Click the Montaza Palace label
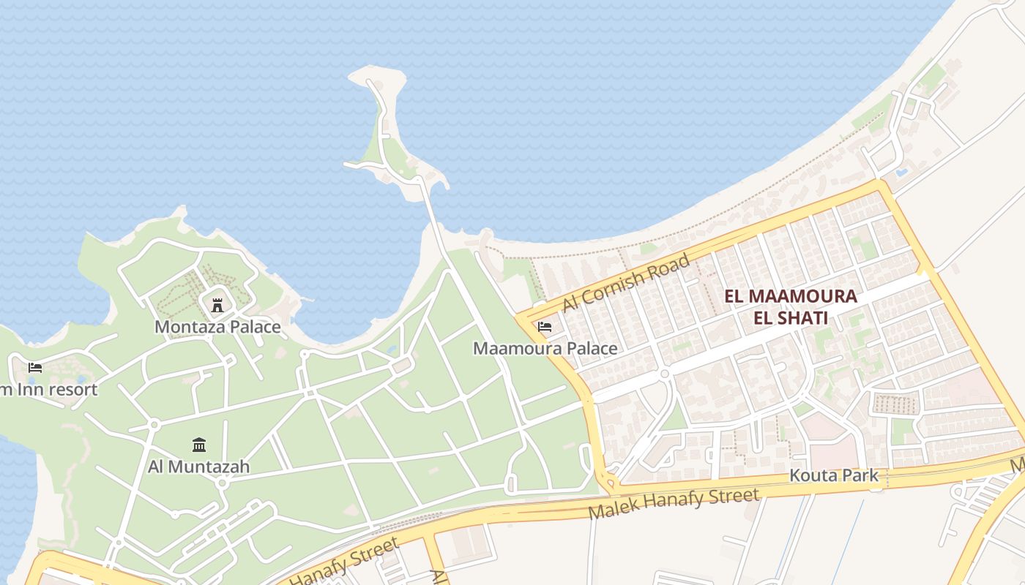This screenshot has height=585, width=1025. (x=217, y=326)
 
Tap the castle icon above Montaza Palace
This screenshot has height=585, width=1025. (x=217, y=304)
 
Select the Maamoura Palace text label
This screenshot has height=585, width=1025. (x=545, y=348)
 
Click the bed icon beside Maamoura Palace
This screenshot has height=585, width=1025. (x=545, y=327)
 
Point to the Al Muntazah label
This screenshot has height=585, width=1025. (x=198, y=466)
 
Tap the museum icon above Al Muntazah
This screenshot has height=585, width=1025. (x=198, y=445)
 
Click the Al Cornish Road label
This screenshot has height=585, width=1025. (x=626, y=282)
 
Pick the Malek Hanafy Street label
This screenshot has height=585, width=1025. (x=674, y=504)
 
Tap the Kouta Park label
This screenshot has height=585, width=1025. (x=833, y=475)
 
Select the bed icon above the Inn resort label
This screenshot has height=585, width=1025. (x=34, y=367)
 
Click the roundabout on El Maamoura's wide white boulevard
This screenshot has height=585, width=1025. (x=665, y=374)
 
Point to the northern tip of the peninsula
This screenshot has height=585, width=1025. (x=376, y=71)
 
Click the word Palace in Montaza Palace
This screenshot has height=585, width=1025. (x=253, y=326)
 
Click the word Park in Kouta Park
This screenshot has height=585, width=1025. (x=860, y=475)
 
